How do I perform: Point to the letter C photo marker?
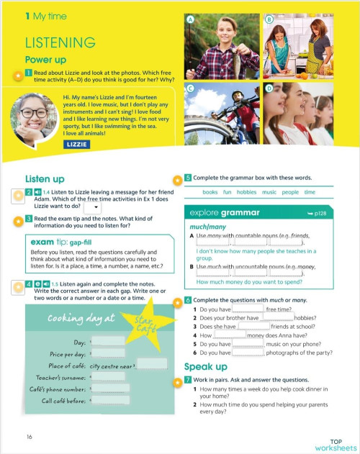(x=191, y=89)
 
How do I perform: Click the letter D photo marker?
(x=268, y=89)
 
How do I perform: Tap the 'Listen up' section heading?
(x=45, y=178)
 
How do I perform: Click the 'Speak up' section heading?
(x=206, y=367)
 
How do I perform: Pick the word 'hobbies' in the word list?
(x=246, y=192)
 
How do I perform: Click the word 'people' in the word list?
(x=290, y=192)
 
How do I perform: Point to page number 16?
(x=29, y=437)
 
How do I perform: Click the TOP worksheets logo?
(x=335, y=444)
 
